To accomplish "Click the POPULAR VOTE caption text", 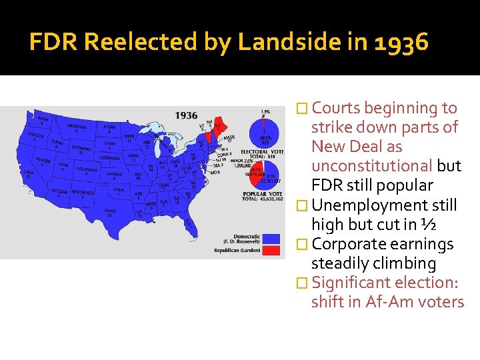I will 262,193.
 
